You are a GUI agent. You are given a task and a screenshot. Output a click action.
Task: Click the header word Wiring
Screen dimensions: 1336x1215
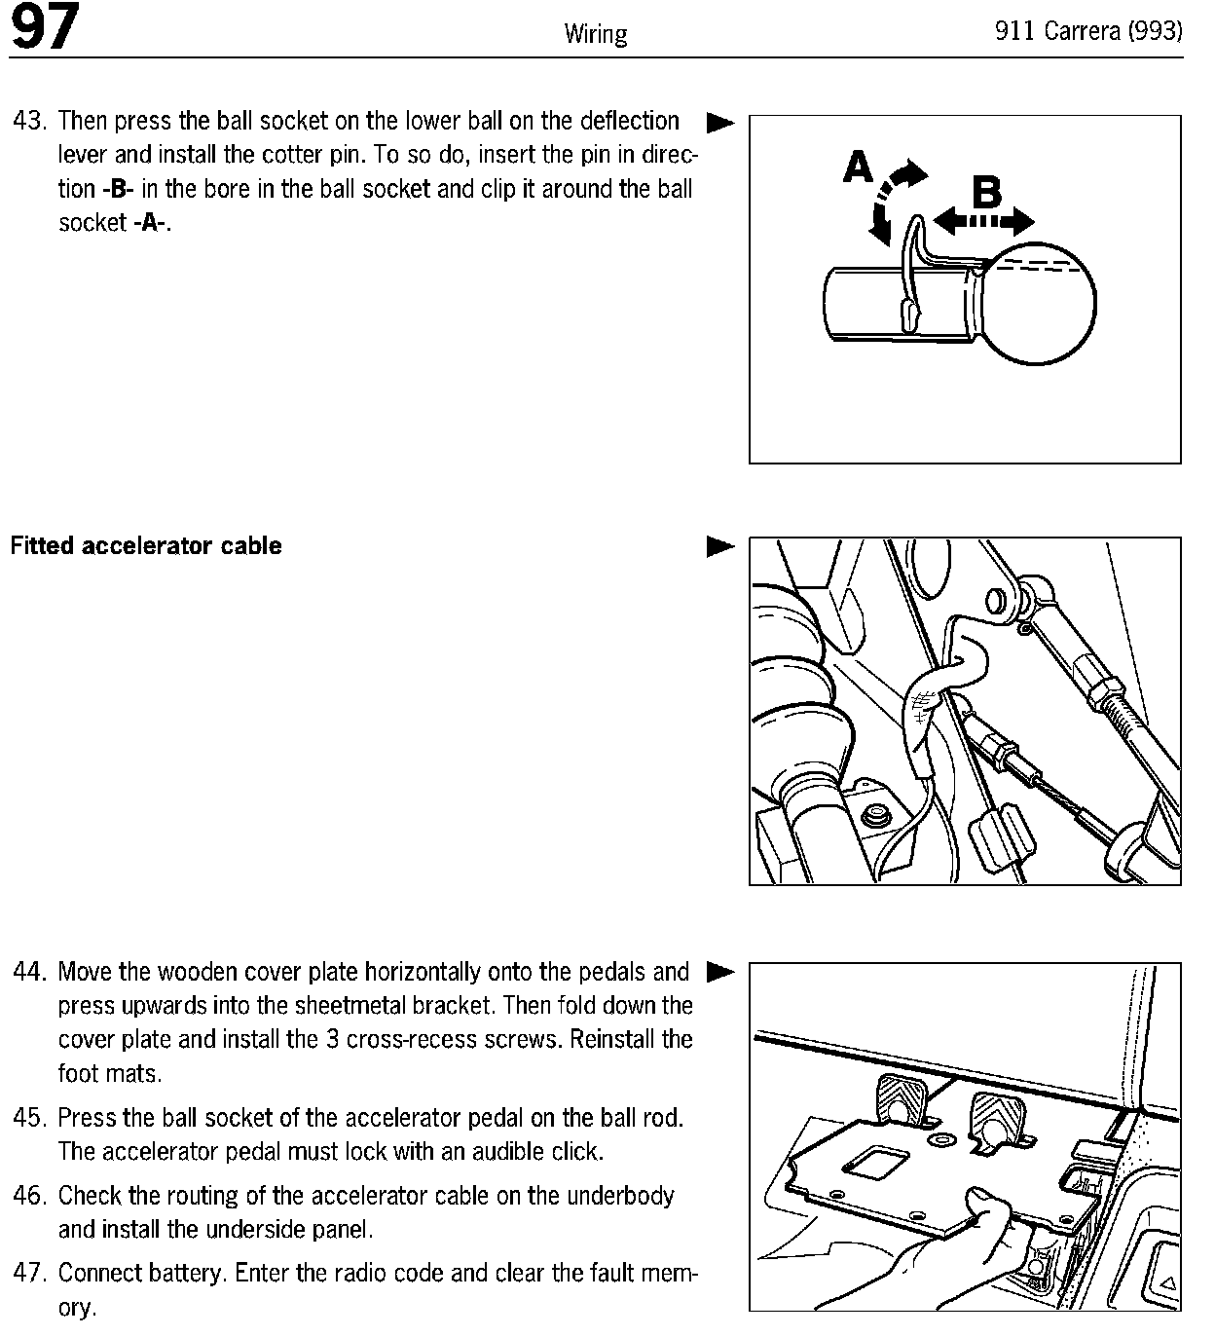pos(595,35)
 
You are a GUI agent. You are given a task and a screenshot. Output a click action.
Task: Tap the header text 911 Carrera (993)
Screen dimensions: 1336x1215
pos(1087,31)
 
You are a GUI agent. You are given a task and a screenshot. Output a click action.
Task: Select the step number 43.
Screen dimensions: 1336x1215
pos(29,122)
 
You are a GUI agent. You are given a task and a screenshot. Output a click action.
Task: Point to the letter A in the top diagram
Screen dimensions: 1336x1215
pos(859,168)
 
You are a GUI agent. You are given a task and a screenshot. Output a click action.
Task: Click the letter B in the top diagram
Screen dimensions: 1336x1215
pos(986,193)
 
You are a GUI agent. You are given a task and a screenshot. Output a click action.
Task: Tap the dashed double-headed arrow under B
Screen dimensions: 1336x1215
pos(983,223)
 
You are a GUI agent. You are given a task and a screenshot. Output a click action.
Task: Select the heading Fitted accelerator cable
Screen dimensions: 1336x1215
pos(146,546)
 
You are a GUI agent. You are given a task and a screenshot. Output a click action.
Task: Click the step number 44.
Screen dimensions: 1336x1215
pos(29,973)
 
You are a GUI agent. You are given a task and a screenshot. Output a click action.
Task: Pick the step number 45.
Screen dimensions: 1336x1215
pos(29,1118)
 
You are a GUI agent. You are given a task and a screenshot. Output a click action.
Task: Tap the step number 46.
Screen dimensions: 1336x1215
pos(29,1196)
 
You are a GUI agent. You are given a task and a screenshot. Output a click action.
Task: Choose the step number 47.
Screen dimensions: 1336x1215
pos(29,1273)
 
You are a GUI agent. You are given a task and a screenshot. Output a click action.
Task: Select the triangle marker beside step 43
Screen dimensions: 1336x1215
pos(719,124)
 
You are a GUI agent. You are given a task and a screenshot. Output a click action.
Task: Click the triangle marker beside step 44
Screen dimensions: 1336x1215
pos(719,972)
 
